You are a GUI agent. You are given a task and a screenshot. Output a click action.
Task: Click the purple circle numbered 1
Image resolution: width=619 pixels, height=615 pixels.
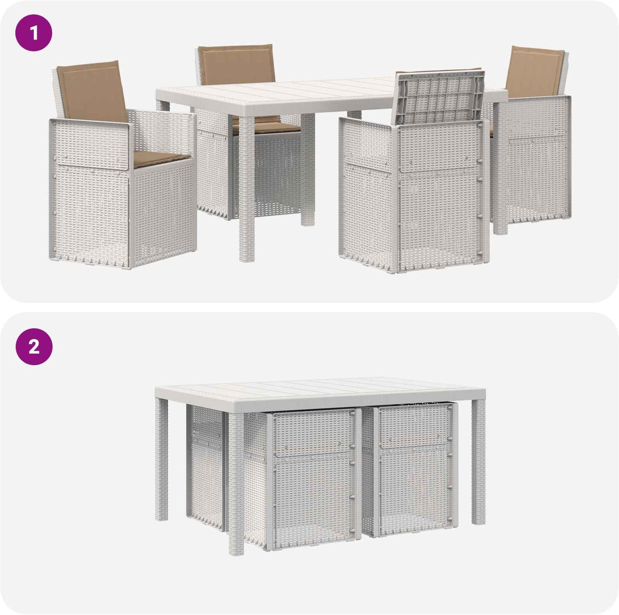click(x=34, y=33)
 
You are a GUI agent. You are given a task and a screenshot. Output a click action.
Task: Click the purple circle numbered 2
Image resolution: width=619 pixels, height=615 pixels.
click(x=34, y=346)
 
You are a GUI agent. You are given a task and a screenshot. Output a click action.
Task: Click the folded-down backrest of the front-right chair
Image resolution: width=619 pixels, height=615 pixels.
click(x=439, y=98)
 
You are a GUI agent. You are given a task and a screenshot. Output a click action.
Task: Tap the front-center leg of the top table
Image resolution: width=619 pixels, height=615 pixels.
click(x=247, y=188)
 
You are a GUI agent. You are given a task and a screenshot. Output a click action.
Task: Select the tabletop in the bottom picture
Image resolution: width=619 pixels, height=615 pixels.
click(x=320, y=392)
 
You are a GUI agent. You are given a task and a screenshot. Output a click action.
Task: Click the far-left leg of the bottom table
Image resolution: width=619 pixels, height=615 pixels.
click(x=161, y=460)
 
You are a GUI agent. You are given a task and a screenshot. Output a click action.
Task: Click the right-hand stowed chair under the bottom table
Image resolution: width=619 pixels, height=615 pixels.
click(x=414, y=470)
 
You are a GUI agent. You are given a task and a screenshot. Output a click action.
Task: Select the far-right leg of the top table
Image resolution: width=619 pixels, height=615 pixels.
click(x=500, y=167)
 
